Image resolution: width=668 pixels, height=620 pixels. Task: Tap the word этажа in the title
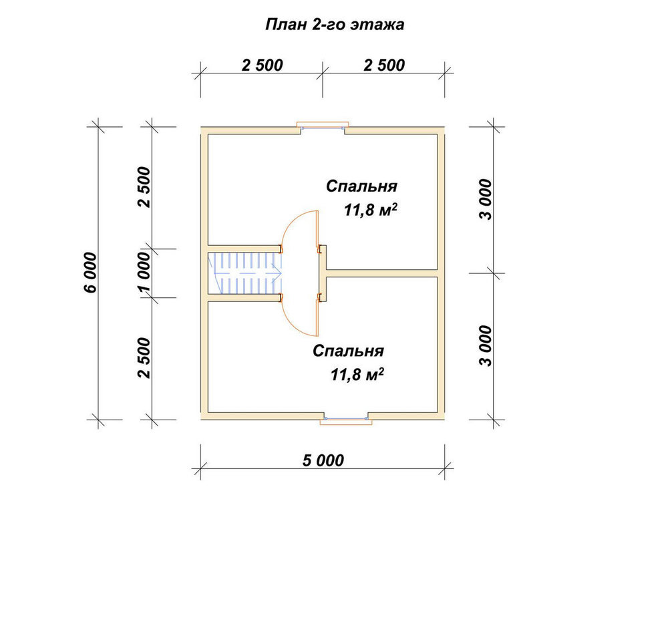pos(377,25)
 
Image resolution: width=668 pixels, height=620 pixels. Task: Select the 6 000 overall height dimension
pos(91,273)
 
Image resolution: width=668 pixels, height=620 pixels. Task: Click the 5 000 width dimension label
pos(323,460)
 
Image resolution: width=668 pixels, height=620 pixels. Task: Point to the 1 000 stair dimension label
pos(144,273)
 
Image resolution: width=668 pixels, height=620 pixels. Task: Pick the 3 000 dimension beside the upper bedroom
pos(485,199)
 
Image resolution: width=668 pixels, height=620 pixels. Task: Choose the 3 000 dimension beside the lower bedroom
pos(485,346)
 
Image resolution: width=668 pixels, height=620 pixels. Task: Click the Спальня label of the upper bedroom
pos(361,186)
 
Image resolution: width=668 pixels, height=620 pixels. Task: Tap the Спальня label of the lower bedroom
pos(348,351)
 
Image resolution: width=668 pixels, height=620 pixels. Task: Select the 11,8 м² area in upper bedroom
pos(371,210)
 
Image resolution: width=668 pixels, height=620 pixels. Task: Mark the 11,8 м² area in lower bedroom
pos(357,375)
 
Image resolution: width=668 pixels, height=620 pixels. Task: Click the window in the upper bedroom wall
pos(323,127)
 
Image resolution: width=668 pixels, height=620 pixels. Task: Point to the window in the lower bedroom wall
pos(346,420)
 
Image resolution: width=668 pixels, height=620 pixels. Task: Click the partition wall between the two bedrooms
pos(382,273)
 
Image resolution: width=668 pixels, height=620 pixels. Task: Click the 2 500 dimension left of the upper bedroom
pos(144,187)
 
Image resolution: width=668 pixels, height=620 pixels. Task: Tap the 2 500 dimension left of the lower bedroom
pos(144,358)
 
